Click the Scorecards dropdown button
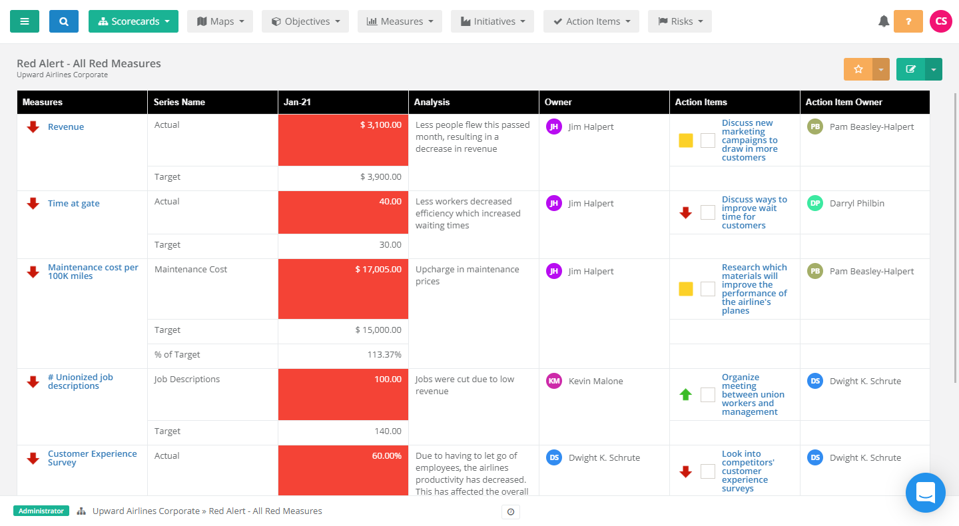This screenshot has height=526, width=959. point(133,21)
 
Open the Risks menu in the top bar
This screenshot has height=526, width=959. point(679,21)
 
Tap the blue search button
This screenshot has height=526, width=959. point(63,21)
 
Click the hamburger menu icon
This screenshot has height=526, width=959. point(25,21)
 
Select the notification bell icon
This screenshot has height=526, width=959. point(884,21)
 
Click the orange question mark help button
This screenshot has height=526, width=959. point(908,21)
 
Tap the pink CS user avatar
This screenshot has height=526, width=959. point(941,21)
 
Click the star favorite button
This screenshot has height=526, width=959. point(858,69)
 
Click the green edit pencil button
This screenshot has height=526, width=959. point(910,69)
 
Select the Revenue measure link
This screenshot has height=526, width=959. point(66,127)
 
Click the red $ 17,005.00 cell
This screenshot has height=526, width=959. point(343,289)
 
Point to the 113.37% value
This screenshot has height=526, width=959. point(384,355)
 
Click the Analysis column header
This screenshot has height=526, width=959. point(432,103)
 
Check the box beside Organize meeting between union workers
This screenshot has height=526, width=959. point(708,395)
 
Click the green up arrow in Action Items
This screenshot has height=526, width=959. point(685,395)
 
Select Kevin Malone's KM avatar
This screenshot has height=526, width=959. point(554,381)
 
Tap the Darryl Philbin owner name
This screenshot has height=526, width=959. point(856,204)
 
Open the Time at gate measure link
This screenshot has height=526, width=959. point(73,204)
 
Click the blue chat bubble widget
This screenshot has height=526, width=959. point(925,493)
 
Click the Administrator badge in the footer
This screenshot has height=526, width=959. point(41,511)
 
